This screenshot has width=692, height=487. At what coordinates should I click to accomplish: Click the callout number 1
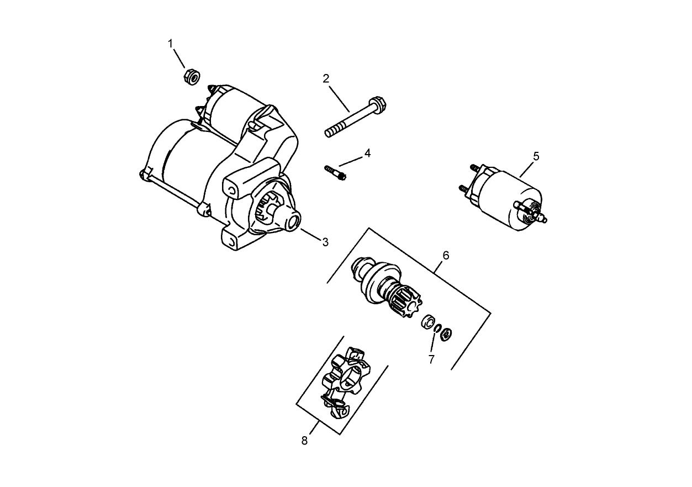pos(171,43)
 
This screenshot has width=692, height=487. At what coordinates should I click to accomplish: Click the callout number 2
pos(326,78)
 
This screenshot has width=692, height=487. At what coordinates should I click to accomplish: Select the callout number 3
pos(325,242)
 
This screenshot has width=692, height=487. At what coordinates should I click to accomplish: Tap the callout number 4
pos(367,153)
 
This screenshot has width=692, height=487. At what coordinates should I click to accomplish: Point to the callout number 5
pos(536,156)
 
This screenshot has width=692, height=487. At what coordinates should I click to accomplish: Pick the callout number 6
pos(446,255)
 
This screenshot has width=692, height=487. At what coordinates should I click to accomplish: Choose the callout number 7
pos(431,359)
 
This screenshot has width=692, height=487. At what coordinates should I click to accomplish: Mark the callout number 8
pos(304,440)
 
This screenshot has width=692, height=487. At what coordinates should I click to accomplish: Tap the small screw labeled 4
pos(335,172)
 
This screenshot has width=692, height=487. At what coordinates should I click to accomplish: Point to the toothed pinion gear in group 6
pos(408,303)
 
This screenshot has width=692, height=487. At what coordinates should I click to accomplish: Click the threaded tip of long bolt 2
pos(329,131)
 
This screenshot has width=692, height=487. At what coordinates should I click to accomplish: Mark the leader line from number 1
pos(180,59)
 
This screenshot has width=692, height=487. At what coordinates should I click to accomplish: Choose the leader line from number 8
pos(313,428)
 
